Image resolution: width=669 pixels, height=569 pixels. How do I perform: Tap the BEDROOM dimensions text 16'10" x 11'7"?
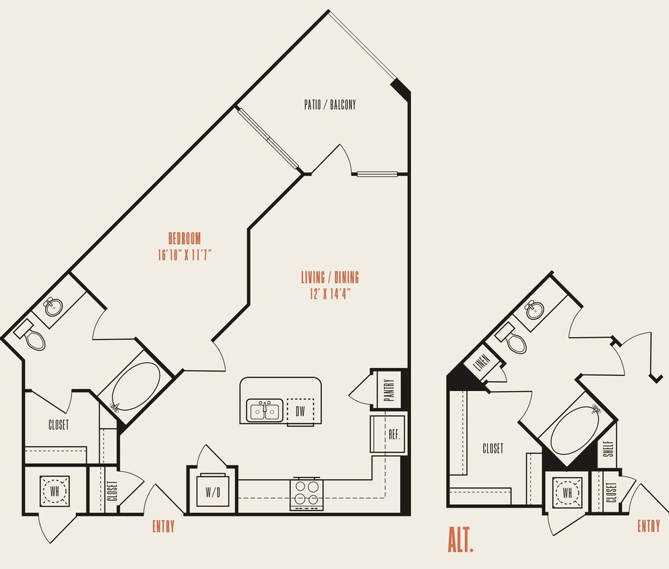point(185,255)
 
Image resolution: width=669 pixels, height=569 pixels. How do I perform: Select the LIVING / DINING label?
point(329,277)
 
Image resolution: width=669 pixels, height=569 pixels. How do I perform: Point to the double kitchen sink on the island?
point(264,410)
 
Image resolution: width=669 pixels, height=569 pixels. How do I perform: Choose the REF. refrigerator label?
point(394,434)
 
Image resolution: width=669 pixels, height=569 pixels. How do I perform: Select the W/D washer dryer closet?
point(212,492)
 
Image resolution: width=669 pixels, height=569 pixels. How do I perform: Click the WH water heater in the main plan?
point(54,491)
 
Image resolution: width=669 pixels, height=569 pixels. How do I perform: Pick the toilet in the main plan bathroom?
point(31,336)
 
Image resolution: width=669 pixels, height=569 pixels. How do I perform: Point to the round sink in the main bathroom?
point(53,307)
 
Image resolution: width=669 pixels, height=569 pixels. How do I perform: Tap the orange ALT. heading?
point(461,540)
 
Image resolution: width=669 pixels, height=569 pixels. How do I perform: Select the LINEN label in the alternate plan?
point(480,363)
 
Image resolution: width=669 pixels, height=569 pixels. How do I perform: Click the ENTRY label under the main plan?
point(163,526)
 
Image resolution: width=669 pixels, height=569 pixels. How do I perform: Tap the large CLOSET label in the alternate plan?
point(492,448)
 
